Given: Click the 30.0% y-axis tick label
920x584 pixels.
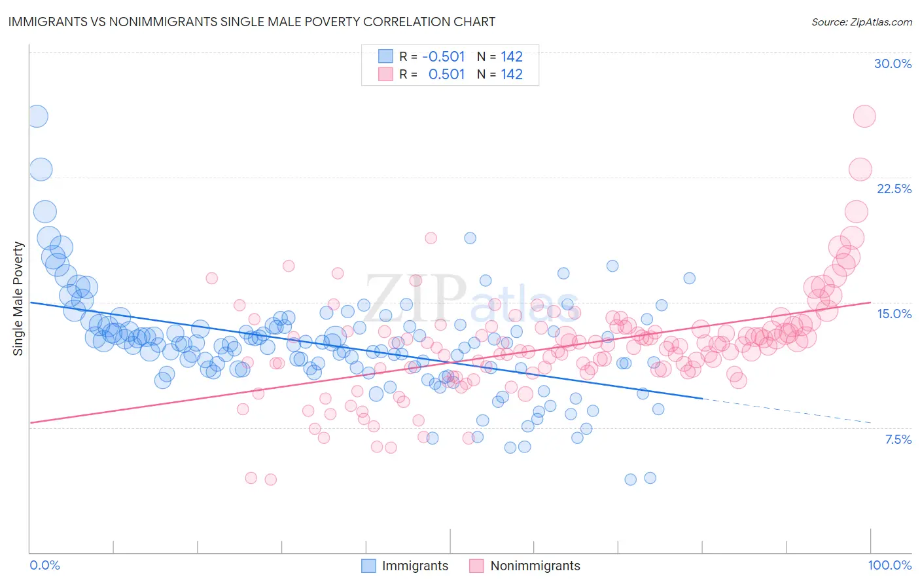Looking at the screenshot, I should point(893,64).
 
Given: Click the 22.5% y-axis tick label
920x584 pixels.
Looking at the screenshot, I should point(894,189).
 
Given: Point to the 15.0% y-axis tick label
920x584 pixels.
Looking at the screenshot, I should point(894,314).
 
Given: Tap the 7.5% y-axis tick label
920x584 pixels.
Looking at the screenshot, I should point(898,439).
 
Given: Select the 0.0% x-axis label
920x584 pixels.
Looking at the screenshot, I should point(45,565).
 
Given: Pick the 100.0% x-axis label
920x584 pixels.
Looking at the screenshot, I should point(889,565).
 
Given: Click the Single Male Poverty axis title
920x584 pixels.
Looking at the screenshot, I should point(18,299).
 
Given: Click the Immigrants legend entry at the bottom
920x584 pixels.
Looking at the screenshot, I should point(415,566).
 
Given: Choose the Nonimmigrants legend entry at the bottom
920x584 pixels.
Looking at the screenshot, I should point(535,566).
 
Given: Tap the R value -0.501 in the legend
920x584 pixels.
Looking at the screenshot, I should point(443,56).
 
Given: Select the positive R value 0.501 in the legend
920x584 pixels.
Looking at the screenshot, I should point(446,74).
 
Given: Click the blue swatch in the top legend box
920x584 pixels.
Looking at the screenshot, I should point(386,56).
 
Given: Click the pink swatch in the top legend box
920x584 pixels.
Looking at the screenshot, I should point(386,74).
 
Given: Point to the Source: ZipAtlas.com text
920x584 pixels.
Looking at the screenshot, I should point(861,22).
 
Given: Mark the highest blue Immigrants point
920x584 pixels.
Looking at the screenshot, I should point(37,117).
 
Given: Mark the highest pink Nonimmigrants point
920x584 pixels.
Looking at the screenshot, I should point(864,117).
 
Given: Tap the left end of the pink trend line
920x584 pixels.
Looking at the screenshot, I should point(31,422).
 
